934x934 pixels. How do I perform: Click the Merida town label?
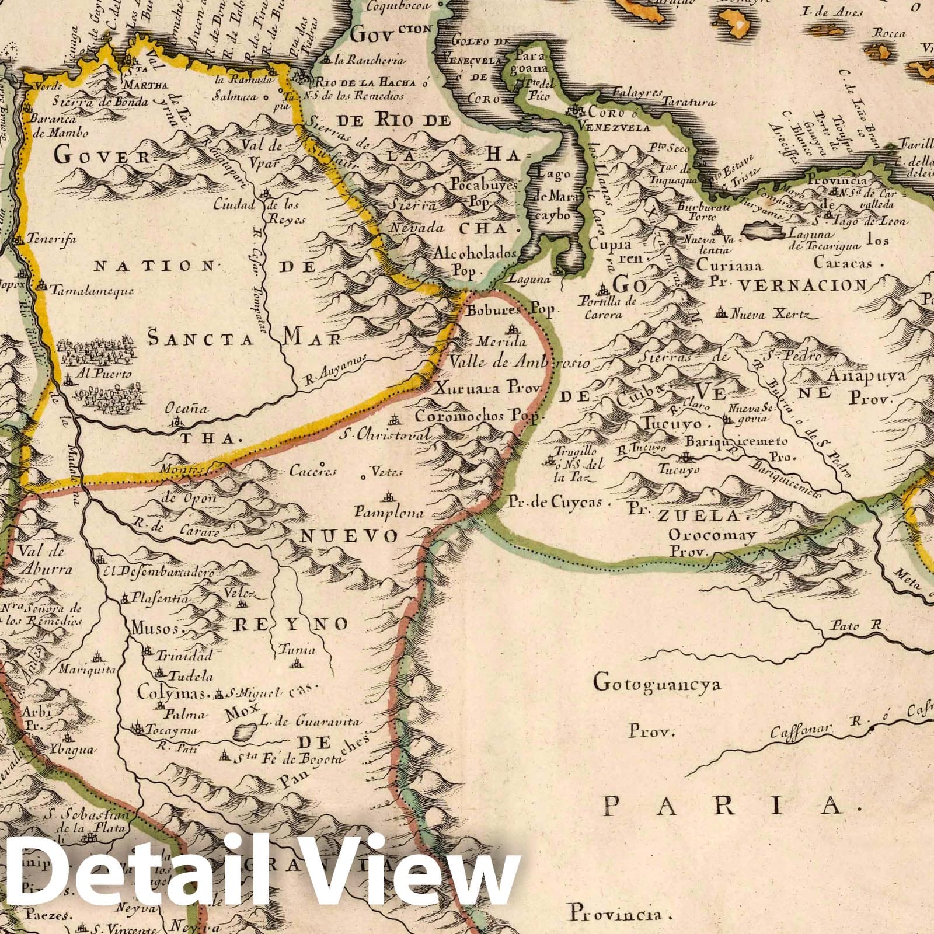coord(501,342)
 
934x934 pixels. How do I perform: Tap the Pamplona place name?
coord(387,514)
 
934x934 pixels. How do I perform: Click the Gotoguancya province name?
coord(657,682)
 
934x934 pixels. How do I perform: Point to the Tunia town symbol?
coord(297,664)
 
